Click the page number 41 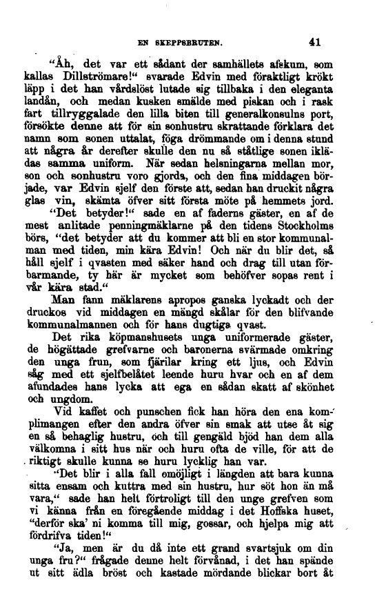pos(316,41)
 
